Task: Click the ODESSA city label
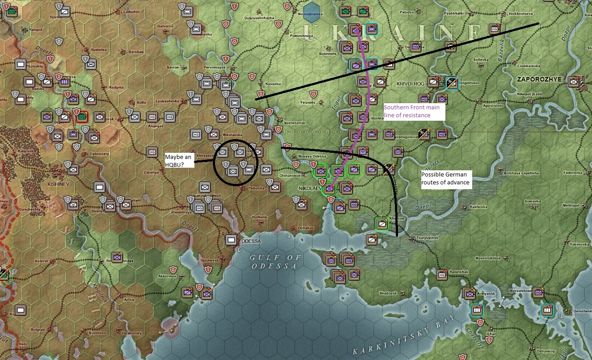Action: pyautogui.click(x=251, y=241)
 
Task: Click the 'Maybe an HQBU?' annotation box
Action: pyautogui.click(x=179, y=160)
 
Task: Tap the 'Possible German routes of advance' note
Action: pyautogui.click(x=446, y=178)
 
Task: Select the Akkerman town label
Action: pyautogui.click(x=168, y=276)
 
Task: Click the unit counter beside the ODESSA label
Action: pyautogui.click(x=231, y=240)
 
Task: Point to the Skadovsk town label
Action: pyautogui.click(x=388, y=293)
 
